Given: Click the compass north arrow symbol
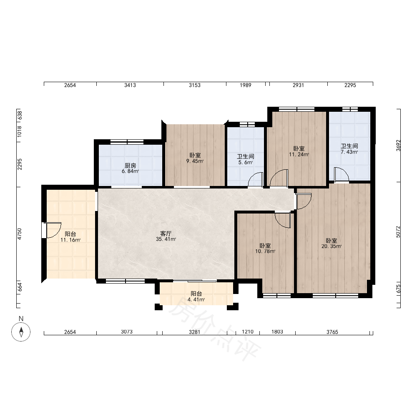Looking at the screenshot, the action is (x=21, y=332).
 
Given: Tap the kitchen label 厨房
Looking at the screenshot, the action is (x=130, y=166).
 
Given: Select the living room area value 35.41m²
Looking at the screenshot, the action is (x=166, y=239).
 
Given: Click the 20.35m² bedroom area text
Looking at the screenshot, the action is (x=332, y=246).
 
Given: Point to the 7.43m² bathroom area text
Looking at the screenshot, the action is (x=349, y=152).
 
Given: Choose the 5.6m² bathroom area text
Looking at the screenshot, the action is (x=246, y=162).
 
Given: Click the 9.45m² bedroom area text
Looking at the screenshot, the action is (x=195, y=161).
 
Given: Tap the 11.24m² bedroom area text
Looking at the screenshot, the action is (x=299, y=154).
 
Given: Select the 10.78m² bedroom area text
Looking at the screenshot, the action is (x=265, y=251).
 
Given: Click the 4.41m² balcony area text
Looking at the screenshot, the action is (x=196, y=299).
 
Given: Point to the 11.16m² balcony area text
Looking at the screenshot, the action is (x=70, y=240).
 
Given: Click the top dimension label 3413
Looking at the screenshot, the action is (x=130, y=85).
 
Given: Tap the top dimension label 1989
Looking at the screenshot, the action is (x=246, y=85).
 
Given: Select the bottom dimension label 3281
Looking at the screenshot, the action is (x=194, y=332).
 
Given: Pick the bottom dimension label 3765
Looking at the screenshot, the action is (x=332, y=332).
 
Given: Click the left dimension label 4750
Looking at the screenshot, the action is (x=20, y=234).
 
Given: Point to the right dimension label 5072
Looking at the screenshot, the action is (x=398, y=231).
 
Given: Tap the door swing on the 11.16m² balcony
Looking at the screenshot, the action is (x=53, y=230).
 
